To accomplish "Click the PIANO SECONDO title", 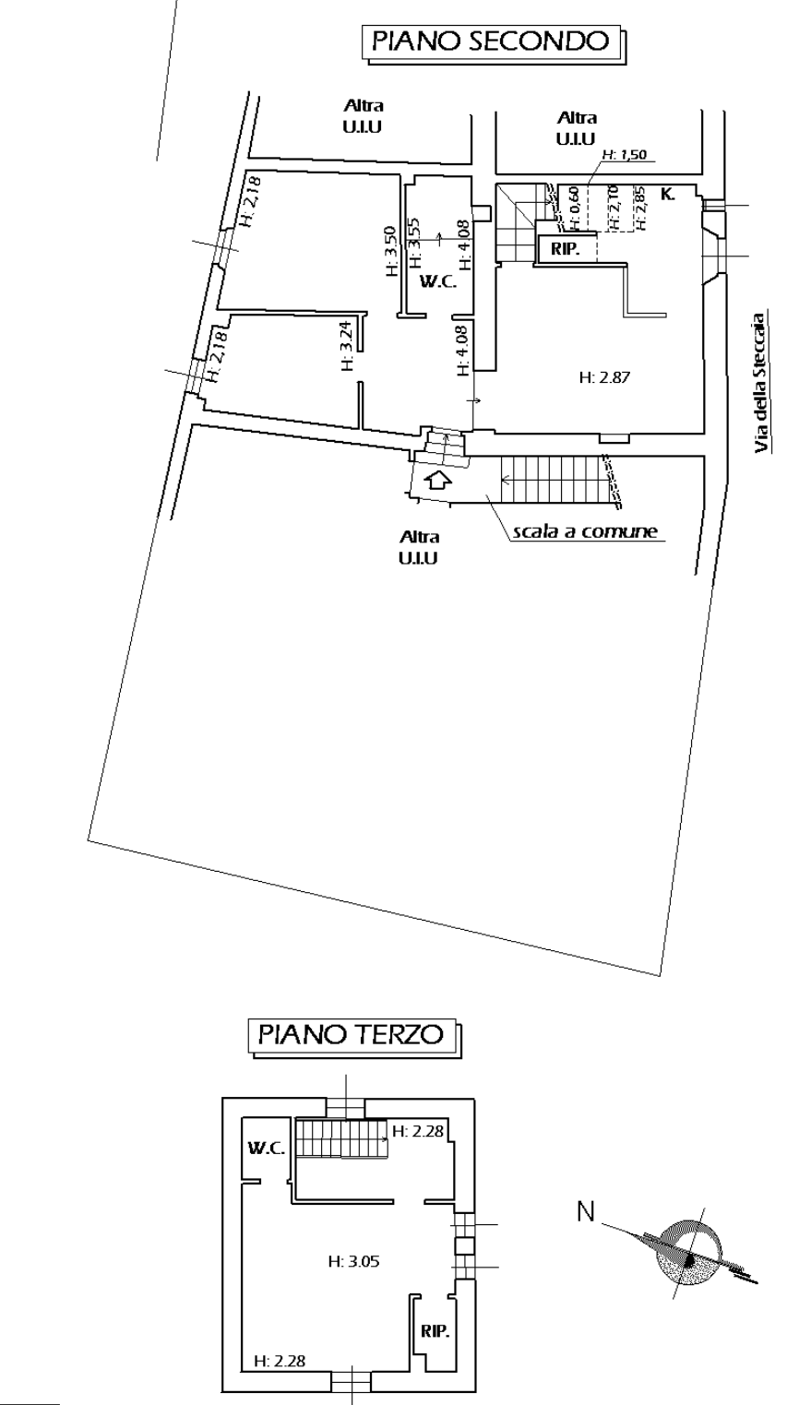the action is coord(491,42).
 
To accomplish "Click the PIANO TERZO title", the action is coord(352,1033).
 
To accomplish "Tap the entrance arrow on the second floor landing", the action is coord(438,481).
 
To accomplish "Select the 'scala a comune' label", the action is coord(585,532).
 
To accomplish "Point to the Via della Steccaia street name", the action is coord(761,383).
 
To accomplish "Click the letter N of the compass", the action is coord(586,1211).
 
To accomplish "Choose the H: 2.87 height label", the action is coord(604,377).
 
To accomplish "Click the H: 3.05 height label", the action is coord(353,1261).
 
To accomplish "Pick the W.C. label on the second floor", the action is coord(438,282).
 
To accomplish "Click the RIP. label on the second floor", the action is coord(566,249).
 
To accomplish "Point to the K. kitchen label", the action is coord(668,195).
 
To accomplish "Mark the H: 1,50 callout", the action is coord(624,154).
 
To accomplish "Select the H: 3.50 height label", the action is coord(391,251).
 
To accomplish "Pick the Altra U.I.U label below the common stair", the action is coord(418,548).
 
